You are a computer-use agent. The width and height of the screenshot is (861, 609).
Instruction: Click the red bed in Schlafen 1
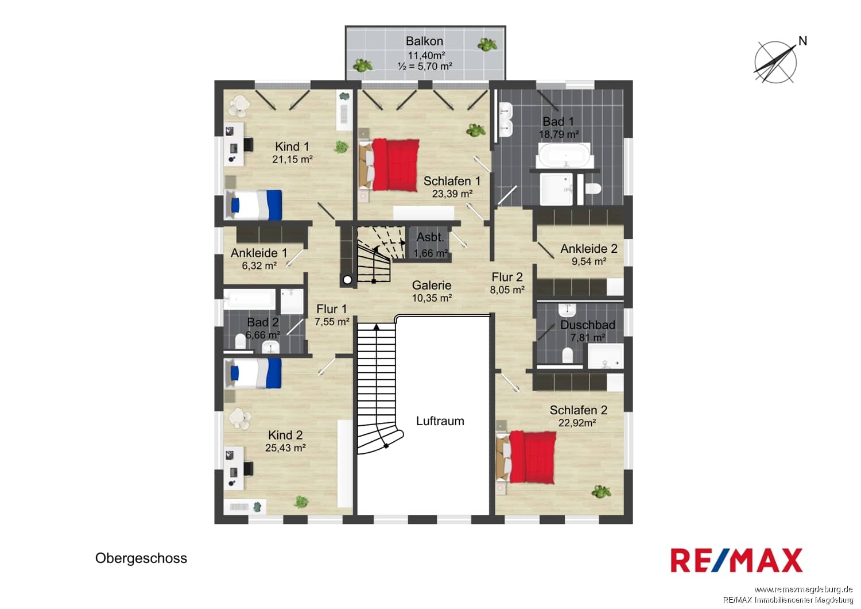point(389,165)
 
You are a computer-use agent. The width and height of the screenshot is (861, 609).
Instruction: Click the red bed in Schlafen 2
point(526,457)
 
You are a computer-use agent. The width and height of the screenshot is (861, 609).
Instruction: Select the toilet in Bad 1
point(592,189)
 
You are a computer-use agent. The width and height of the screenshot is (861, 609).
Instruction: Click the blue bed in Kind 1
point(253,205)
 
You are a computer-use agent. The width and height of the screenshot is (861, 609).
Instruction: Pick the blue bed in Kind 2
point(253,373)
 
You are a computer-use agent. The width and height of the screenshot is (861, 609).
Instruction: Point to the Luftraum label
point(440,421)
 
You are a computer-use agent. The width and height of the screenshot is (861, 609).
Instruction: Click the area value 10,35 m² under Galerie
point(432,298)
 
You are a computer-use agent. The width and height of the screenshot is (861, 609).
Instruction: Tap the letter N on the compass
point(802,41)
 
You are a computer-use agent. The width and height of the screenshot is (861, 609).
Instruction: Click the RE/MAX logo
point(736,561)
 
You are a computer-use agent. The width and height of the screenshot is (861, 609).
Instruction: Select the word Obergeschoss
point(141,558)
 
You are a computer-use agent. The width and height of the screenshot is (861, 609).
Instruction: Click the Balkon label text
point(424,41)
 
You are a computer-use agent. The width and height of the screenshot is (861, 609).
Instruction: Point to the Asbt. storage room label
point(430,237)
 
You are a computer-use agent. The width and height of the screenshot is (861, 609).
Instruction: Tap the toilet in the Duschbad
point(567,355)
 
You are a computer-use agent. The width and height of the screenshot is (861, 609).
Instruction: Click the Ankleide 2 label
point(589,249)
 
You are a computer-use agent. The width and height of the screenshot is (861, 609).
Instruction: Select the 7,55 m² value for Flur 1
point(332,322)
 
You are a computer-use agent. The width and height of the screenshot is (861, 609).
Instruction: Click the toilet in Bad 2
point(241,341)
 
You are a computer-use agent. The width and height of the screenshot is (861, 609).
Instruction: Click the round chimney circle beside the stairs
point(347,280)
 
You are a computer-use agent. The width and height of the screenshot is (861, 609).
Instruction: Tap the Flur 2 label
point(507,277)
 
